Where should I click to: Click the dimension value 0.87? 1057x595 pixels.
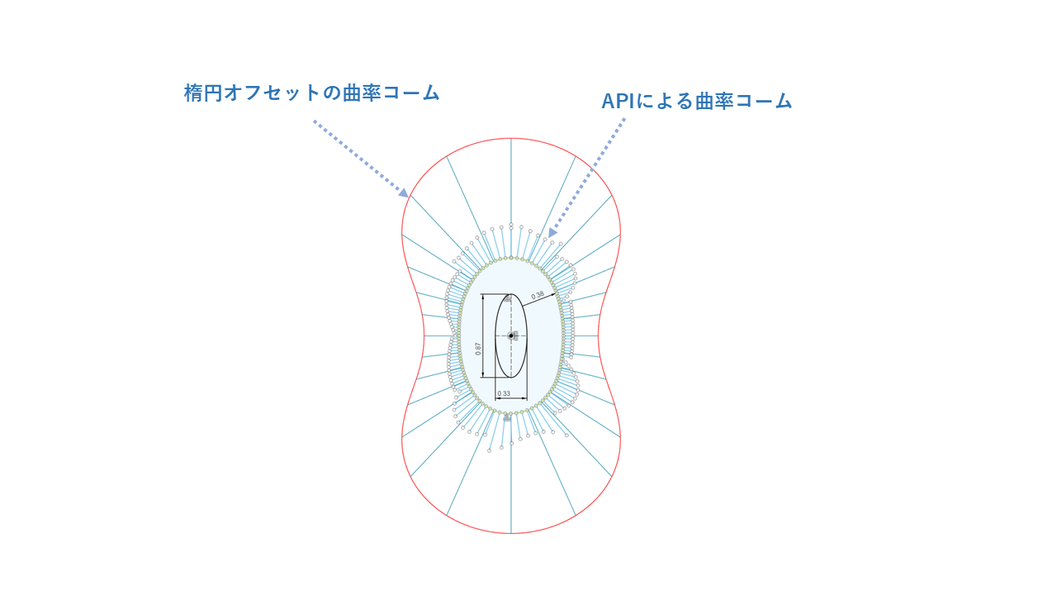pyautogui.click(x=478, y=349)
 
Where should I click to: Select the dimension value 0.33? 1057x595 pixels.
pyautogui.click(x=504, y=393)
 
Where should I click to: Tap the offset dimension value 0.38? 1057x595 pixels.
pyautogui.click(x=538, y=296)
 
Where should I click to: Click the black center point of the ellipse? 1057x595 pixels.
pyautogui.click(x=511, y=336)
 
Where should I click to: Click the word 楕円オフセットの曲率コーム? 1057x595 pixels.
pyautogui.click(x=312, y=93)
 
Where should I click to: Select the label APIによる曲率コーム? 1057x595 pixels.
pyautogui.click(x=696, y=101)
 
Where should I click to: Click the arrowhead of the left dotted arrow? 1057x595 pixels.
pyautogui.click(x=404, y=193)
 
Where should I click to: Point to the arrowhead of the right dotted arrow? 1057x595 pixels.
pyautogui.click(x=552, y=233)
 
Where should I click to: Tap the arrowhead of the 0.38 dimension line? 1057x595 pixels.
pyautogui.click(x=553, y=295)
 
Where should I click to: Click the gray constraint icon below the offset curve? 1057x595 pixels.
pyautogui.click(x=507, y=418)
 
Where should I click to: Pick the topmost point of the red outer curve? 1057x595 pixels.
pyautogui.click(x=511, y=138)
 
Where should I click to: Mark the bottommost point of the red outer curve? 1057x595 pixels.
pyautogui.click(x=511, y=533)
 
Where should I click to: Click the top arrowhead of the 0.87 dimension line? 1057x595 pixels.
pyautogui.click(x=482, y=297)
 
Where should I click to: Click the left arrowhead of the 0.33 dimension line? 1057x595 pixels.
pyautogui.click(x=498, y=398)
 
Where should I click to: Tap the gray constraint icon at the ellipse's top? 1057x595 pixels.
pyautogui.click(x=508, y=298)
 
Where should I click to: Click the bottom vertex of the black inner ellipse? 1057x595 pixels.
pyautogui.click(x=511, y=378)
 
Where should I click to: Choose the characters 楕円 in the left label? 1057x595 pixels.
pyautogui.click(x=203, y=93)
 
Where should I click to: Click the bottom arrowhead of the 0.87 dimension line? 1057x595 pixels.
pyautogui.click(x=482, y=375)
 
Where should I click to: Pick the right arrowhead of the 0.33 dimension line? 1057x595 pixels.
pyautogui.click(x=524, y=398)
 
